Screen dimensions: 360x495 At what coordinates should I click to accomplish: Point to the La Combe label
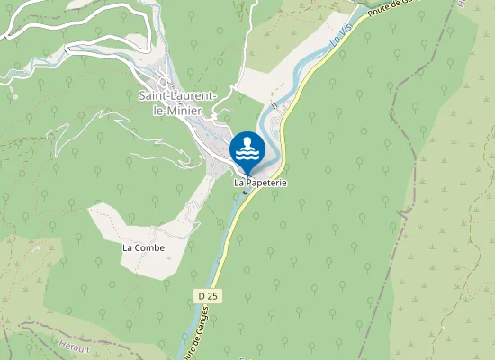point(144,247)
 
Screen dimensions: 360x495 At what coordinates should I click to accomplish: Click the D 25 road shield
point(207,295)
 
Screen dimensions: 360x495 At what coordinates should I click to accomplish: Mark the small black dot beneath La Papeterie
point(245,192)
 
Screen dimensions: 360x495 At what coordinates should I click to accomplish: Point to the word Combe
point(150,247)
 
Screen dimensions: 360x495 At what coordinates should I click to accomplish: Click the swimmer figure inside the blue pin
point(247,143)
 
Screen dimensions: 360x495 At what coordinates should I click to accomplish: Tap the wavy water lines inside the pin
point(247,156)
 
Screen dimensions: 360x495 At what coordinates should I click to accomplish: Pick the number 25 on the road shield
point(212,295)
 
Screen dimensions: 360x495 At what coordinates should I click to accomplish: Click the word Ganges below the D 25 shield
point(188,346)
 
